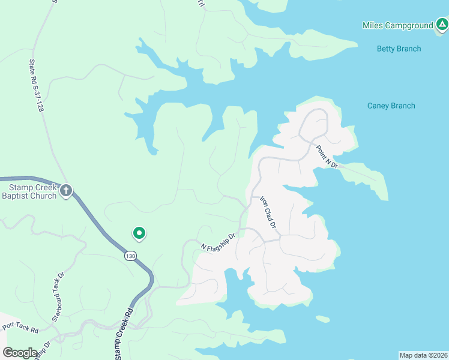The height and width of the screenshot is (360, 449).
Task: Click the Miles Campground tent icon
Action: [442, 25]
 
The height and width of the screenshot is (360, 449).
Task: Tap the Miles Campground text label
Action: [397, 26]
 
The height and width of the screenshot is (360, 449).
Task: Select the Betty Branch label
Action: [399, 49]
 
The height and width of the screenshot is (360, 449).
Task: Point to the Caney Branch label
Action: [391, 106]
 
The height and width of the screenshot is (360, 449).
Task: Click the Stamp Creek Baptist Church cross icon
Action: [66, 191]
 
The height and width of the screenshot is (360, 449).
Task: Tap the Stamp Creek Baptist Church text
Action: [29, 191]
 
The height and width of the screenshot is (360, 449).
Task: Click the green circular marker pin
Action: [139, 233]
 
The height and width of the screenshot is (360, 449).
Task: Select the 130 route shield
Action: [130, 256]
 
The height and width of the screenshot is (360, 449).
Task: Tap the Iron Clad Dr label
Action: [267, 212]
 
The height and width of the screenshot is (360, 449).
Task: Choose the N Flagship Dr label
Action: [220, 239]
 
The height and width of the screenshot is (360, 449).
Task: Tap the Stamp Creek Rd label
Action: [122, 334]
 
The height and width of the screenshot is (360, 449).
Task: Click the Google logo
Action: [20, 352]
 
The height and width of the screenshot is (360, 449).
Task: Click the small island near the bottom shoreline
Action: [322, 318]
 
